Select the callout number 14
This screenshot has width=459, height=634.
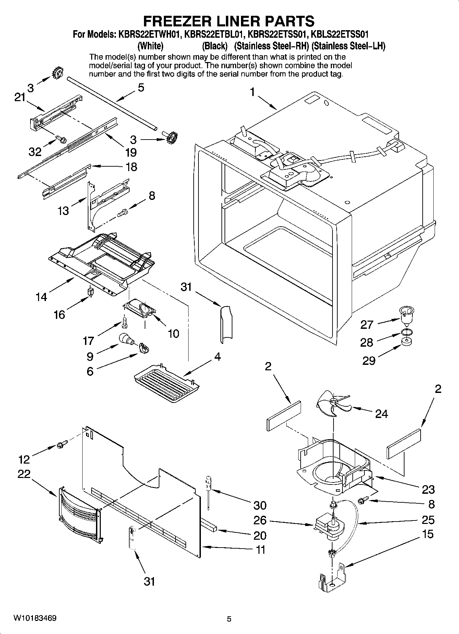coord(41,297)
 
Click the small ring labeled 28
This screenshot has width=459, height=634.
coord(406,332)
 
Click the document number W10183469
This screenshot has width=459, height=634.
coord(35,618)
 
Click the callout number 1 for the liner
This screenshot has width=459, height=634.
coord(252,92)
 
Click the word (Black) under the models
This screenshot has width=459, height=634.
coord(215,46)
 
